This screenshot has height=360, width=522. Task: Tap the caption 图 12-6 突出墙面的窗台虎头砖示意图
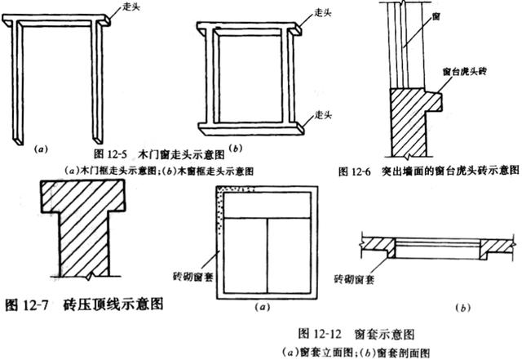pos(428,171)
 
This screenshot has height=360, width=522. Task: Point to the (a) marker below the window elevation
pos(263,307)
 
